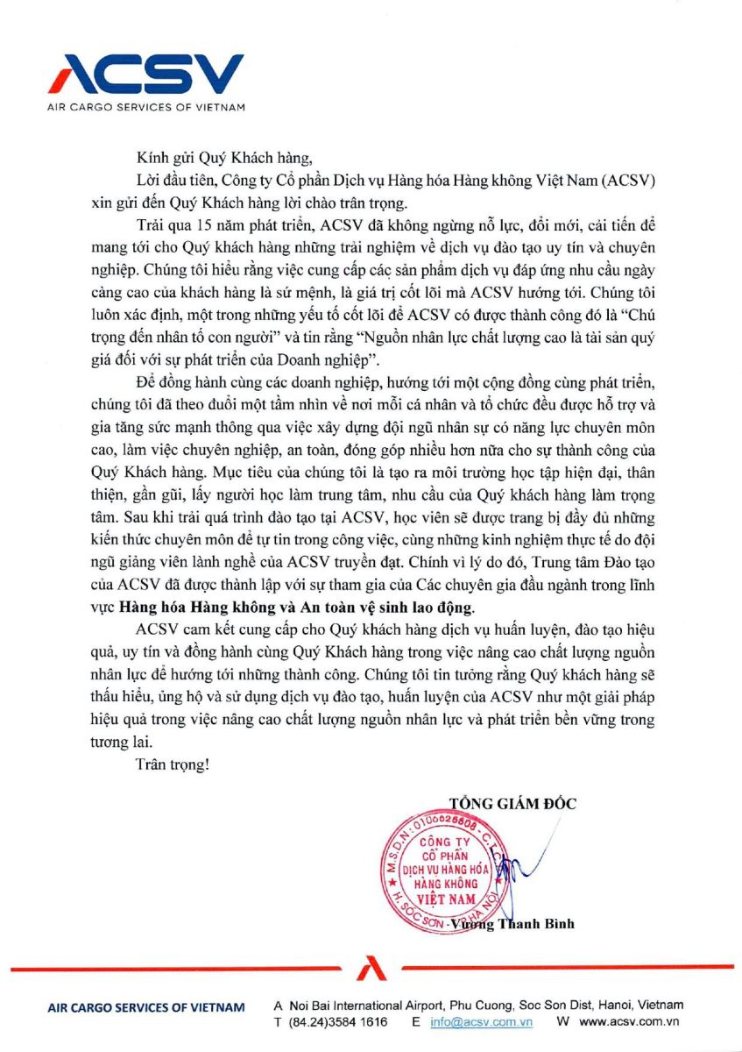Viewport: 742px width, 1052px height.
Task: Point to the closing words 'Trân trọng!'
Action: [173, 764]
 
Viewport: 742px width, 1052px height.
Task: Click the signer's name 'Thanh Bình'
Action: [537, 924]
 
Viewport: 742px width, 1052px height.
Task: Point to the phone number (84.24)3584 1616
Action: [329, 1022]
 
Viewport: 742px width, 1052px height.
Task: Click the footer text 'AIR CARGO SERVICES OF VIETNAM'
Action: [145, 1008]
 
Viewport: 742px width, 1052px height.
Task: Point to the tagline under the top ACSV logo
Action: [145, 107]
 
